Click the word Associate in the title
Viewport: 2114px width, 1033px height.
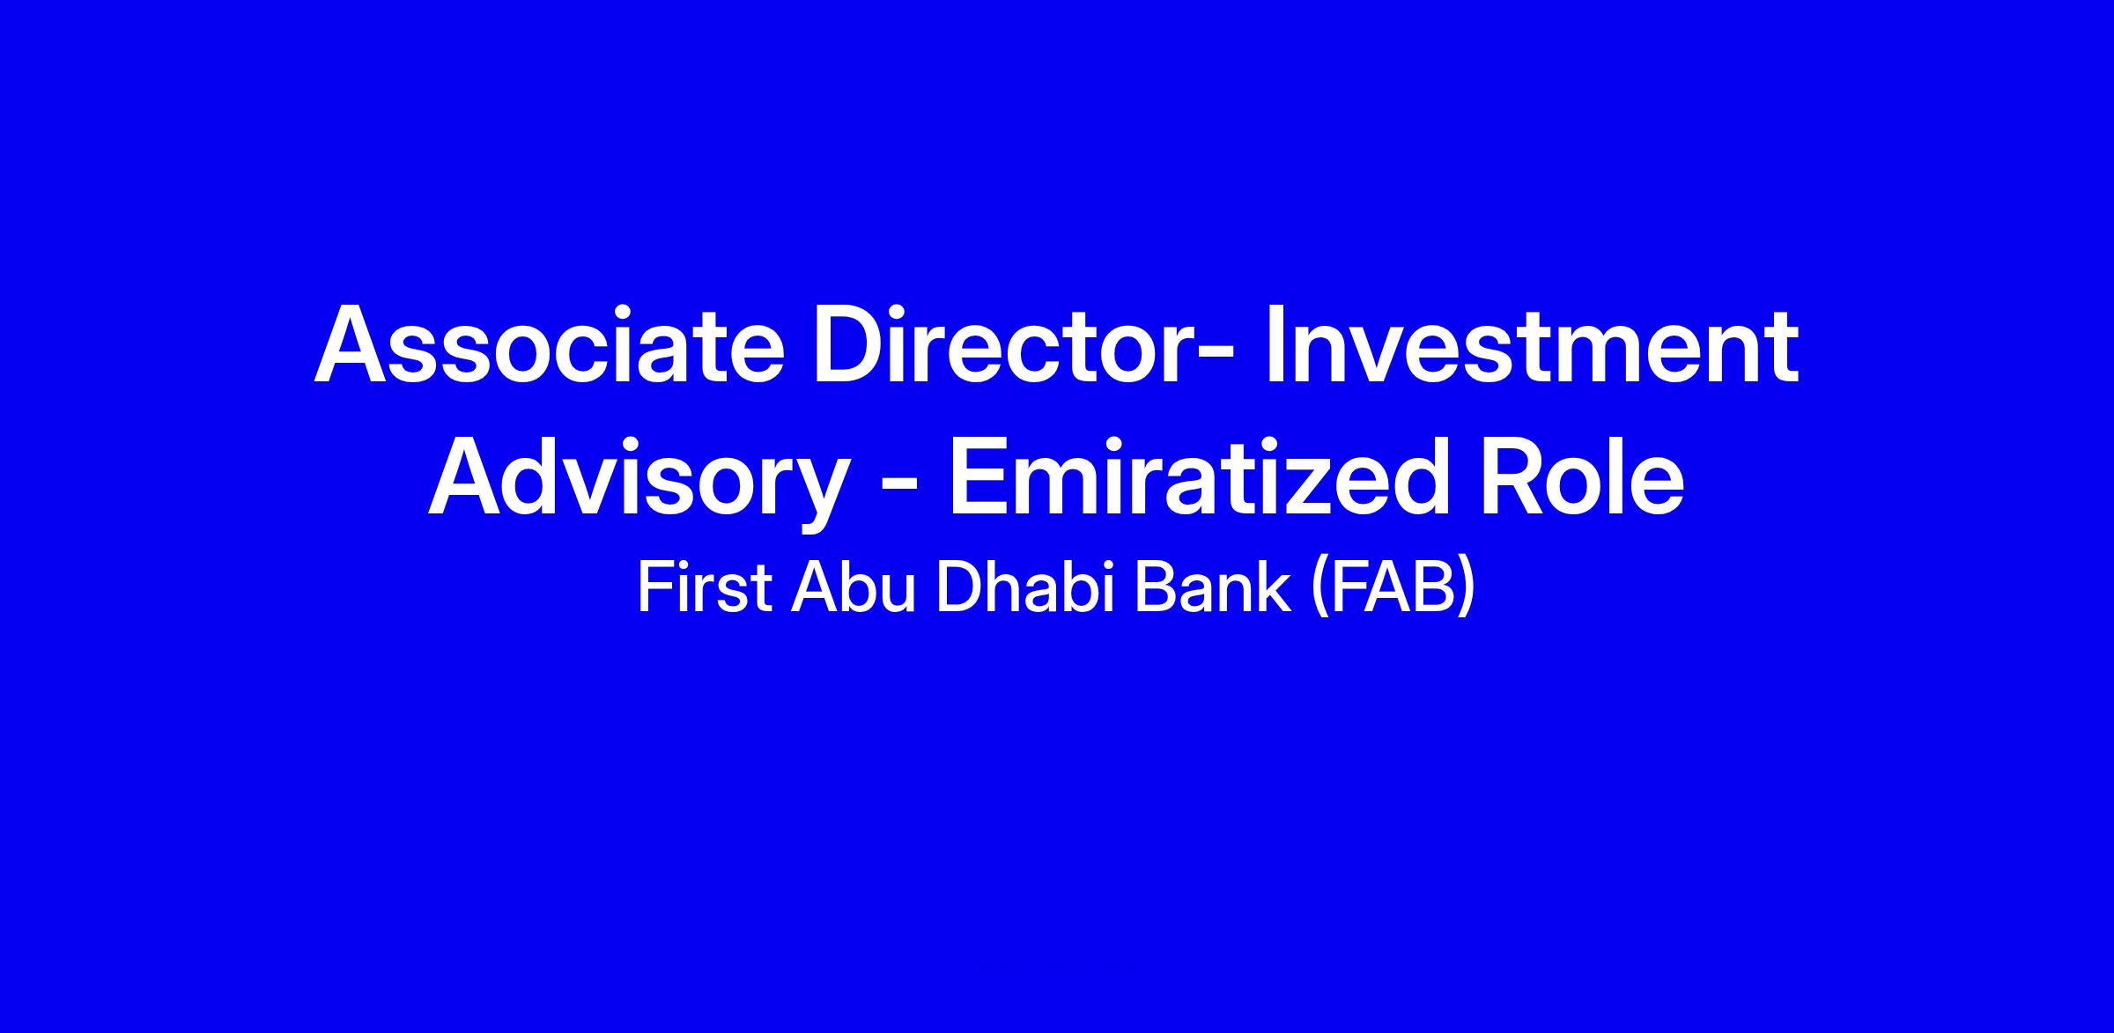coord(549,344)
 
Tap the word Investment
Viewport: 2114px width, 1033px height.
coord(1531,344)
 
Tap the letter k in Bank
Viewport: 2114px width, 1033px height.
coord(1274,587)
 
